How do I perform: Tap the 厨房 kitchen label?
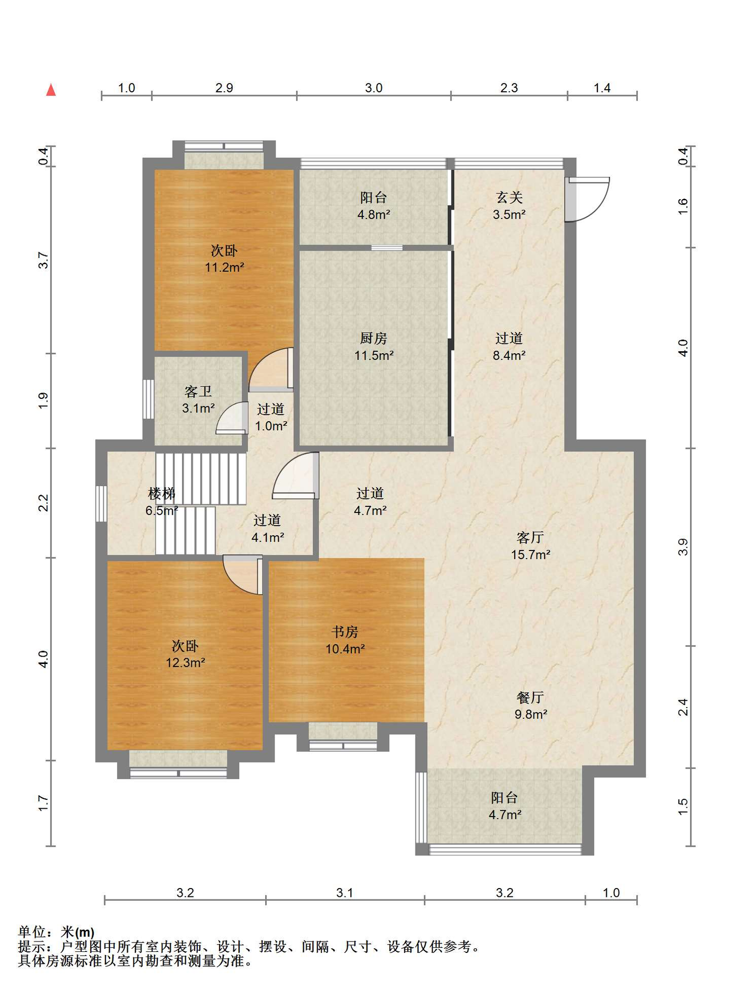point(373,338)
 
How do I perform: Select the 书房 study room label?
point(345,632)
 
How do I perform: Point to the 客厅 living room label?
point(530,537)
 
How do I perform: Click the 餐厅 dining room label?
point(530,697)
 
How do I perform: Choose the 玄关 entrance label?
point(509,197)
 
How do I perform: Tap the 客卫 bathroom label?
point(198,391)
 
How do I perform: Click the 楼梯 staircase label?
point(161,493)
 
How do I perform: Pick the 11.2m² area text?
point(224,268)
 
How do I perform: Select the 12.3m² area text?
point(185,663)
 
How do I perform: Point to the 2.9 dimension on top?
point(224,88)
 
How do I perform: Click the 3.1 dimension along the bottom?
point(345,893)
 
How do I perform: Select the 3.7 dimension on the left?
point(44,260)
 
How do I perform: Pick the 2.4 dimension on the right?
point(683,707)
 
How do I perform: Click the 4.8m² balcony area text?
point(374,215)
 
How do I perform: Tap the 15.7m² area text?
point(530,555)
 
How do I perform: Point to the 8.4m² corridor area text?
point(509,356)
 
